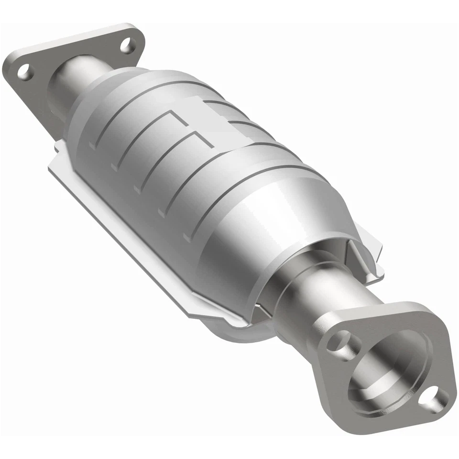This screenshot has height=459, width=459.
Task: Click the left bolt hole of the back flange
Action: [x=23, y=72]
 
